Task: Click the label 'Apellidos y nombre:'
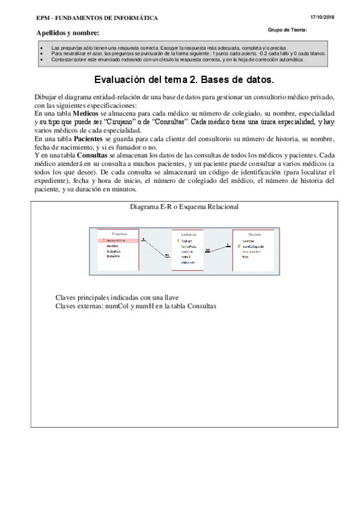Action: [x=67, y=32]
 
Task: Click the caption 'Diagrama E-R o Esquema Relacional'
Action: [x=184, y=206]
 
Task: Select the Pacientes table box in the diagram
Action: [x=119, y=246]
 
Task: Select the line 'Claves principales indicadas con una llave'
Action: [x=117, y=297]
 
